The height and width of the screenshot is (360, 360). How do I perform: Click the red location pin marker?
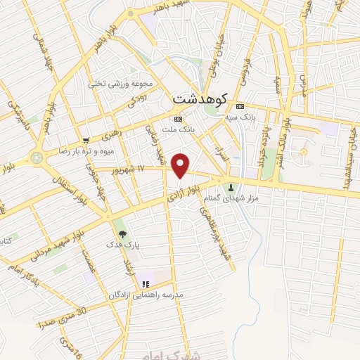tap(181, 166)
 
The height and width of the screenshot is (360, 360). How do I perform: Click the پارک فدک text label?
tap(118, 245)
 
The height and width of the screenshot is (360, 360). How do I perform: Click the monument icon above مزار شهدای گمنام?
tap(231, 187)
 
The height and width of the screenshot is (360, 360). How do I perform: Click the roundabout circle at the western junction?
tap(37, 157)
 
